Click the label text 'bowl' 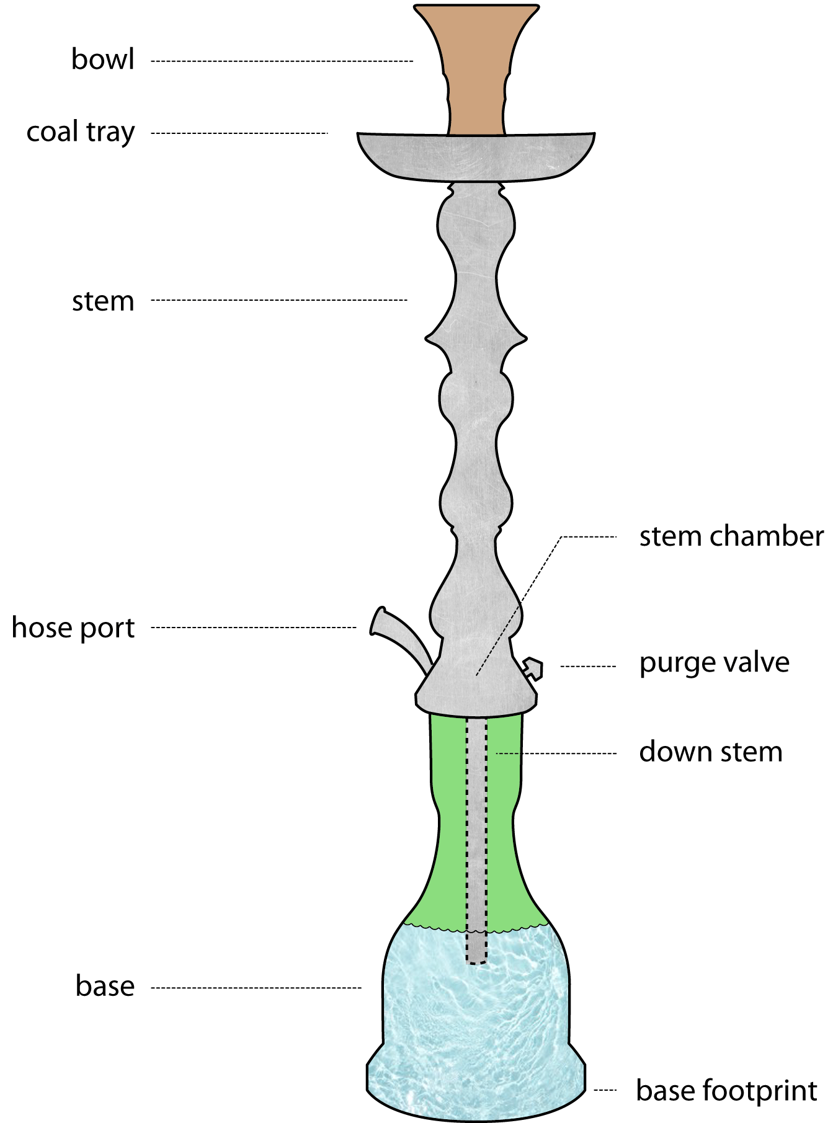(x=102, y=60)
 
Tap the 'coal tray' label (x=80, y=133)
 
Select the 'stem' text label (x=103, y=301)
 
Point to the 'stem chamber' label (x=731, y=536)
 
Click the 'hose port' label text (x=73, y=628)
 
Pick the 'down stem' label (x=710, y=752)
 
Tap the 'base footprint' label (x=726, y=1090)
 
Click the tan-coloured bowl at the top (x=476, y=68)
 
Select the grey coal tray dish (x=476, y=158)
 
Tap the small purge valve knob (x=533, y=669)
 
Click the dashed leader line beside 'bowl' (x=282, y=61)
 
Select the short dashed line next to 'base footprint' (x=605, y=1090)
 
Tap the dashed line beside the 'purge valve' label (x=588, y=667)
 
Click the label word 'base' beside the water (x=105, y=986)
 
